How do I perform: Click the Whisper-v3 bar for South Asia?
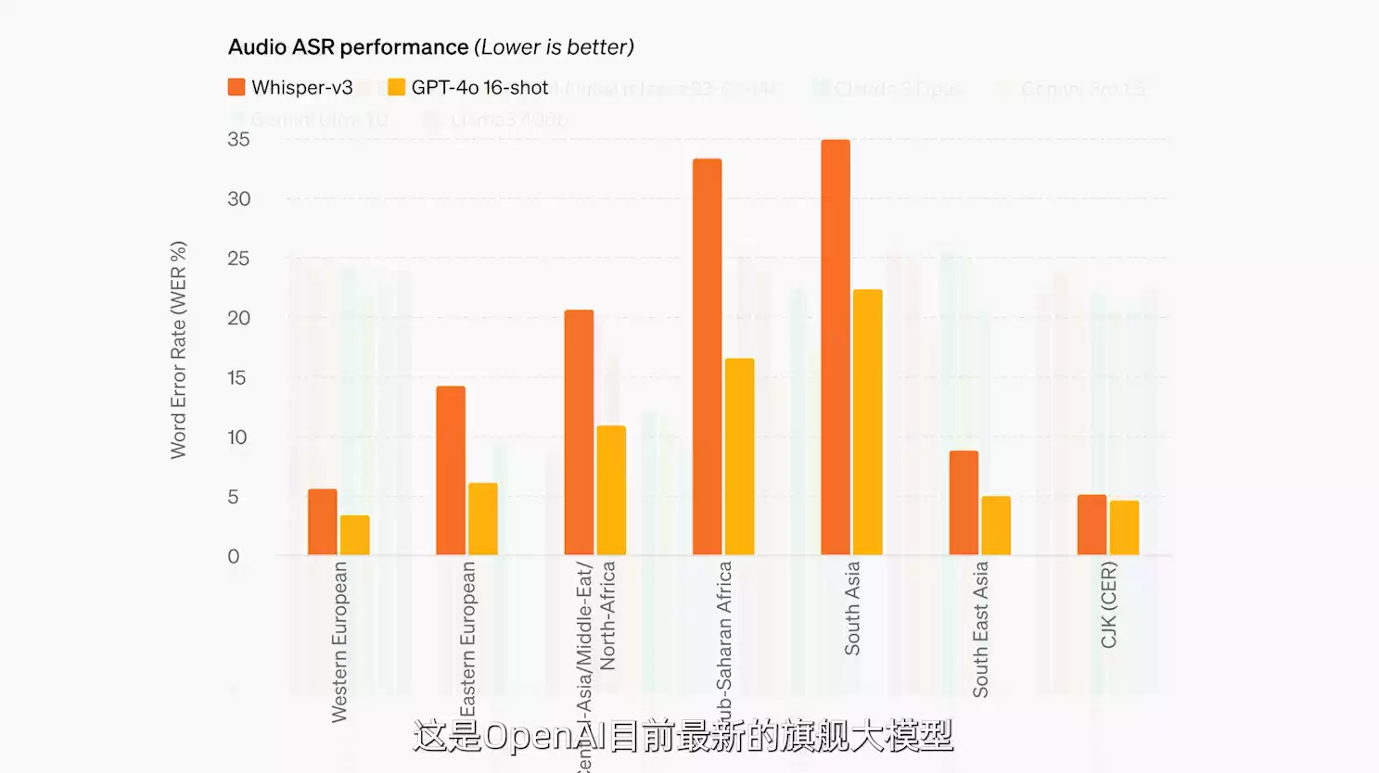tap(835, 348)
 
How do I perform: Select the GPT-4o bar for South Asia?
tap(867, 423)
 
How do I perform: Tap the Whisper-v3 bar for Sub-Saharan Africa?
tap(707, 357)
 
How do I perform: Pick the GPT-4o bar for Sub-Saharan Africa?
tap(739, 457)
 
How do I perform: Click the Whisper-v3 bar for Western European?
tap(322, 522)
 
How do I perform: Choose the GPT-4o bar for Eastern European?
tap(482, 519)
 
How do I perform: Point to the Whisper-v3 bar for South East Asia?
tap(964, 503)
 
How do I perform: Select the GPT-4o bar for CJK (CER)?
tap(1124, 527)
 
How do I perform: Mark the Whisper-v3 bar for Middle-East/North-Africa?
tap(579, 433)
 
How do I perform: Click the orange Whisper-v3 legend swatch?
tap(236, 87)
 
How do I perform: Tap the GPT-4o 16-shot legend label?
tap(479, 87)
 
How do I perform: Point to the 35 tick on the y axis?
tap(238, 139)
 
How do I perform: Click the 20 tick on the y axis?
tap(238, 318)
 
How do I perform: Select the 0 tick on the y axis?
tap(234, 556)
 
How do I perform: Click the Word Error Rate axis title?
tap(178, 349)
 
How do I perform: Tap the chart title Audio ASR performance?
tap(349, 47)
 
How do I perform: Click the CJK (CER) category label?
tap(1108, 604)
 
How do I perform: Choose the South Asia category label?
tap(851, 608)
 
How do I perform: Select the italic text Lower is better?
tap(555, 47)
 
